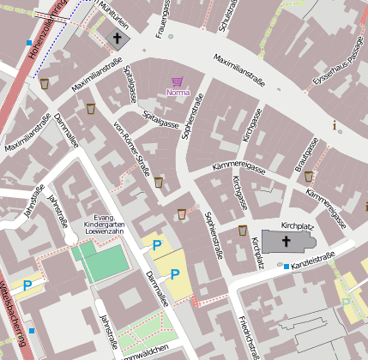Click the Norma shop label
coord(178,92)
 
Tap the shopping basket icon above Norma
coord(178,81)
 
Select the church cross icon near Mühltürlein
coord(117,39)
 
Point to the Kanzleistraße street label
coord(312,258)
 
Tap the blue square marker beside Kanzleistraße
coord(287,267)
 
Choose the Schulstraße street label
coord(228,15)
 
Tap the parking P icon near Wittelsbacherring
coord(28,285)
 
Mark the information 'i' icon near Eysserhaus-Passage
coord(335,125)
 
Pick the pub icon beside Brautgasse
coord(309,176)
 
